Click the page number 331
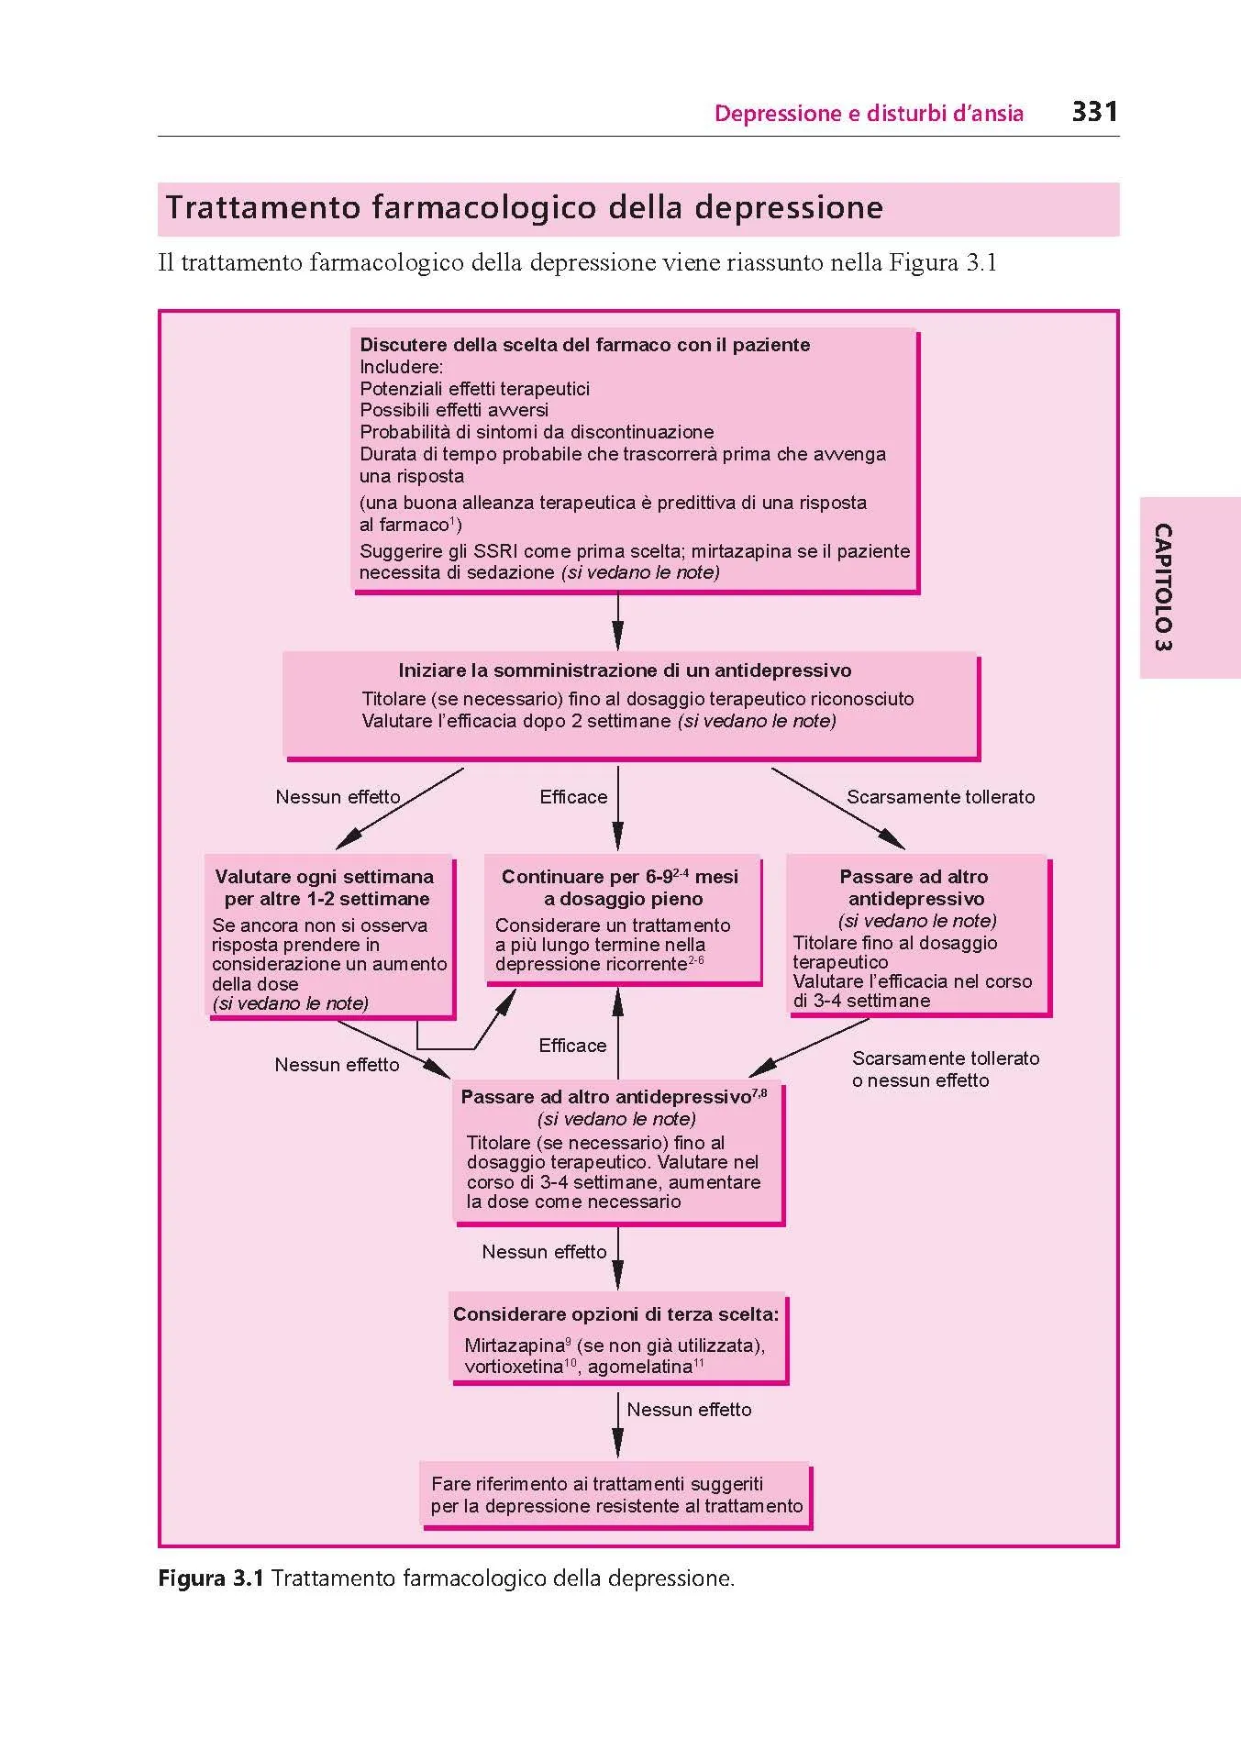click(1094, 112)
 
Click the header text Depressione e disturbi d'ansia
click(869, 114)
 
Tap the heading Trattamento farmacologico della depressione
click(524, 207)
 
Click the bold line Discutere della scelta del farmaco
click(584, 345)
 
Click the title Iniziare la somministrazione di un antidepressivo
click(624, 670)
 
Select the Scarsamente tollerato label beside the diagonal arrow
click(940, 797)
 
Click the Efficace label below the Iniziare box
click(573, 797)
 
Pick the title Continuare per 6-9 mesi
click(620, 887)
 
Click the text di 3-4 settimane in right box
click(861, 1001)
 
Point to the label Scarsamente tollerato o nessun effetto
click(945, 1069)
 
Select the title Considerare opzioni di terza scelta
click(615, 1314)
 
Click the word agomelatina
click(639, 1368)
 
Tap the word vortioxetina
click(513, 1368)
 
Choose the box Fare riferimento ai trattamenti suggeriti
click(615, 1495)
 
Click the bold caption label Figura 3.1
click(211, 1578)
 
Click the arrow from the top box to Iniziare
click(617, 623)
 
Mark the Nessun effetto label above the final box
click(689, 1410)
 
